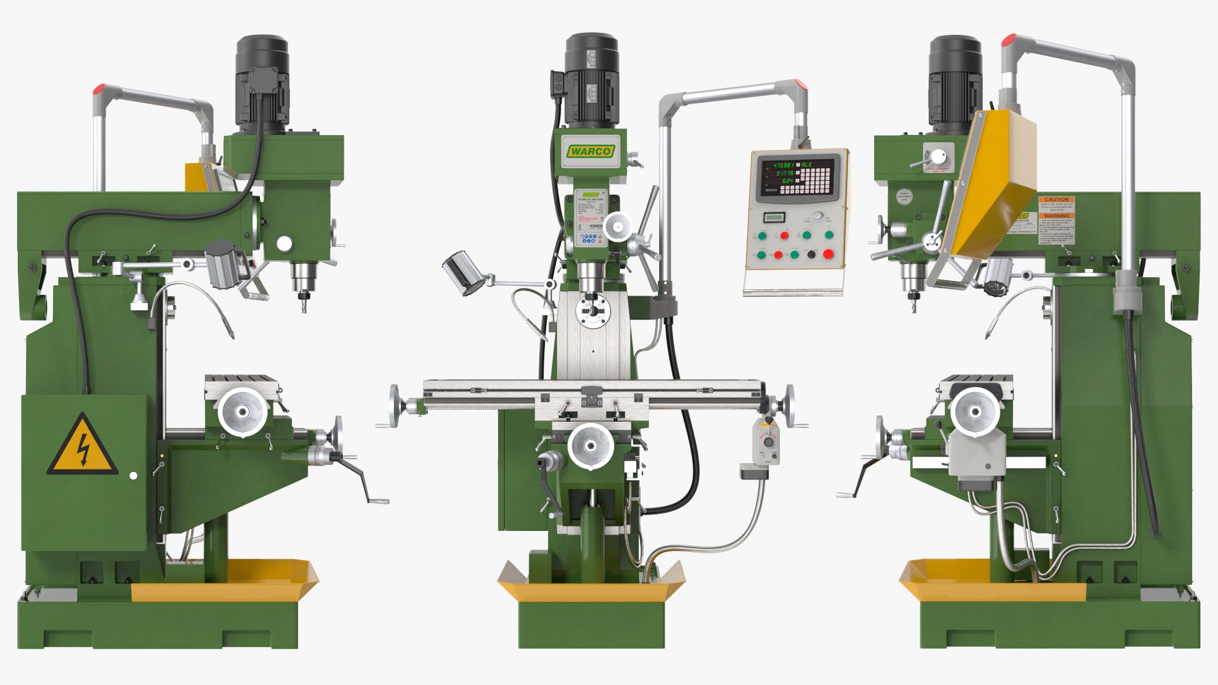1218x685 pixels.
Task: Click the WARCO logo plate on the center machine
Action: (x=590, y=151)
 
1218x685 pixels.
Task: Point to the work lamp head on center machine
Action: (x=463, y=273)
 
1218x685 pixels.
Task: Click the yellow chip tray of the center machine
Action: (x=590, y=587)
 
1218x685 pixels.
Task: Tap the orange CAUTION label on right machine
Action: (x=1056, y=199)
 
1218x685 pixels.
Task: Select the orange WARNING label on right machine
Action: (x=1056, y=216)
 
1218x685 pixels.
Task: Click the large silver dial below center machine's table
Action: (x=591, y=447)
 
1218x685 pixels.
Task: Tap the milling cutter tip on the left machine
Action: (x=304, y=307)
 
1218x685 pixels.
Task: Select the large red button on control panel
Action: (x=828, y=254)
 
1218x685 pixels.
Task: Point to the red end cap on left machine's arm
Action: (x=98, y=89)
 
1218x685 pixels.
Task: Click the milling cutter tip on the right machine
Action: (x=913, y=307)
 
